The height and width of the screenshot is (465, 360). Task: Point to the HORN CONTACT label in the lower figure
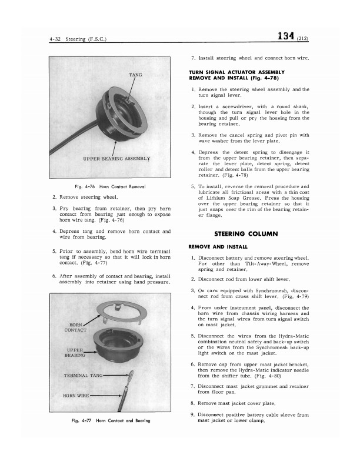point(75,326)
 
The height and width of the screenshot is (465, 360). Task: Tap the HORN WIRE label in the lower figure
point(75,394)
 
